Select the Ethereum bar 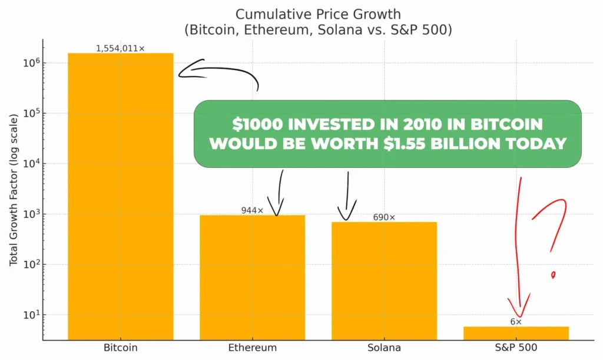(x=252, y=277)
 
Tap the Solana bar (x=384, y=280)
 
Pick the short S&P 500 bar (x=516, y=333)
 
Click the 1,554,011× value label (x=120, y=48)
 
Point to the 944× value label (x=252, y=210)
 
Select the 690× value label (x=384, y=217)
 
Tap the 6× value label (x=516, y=322)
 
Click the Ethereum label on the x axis (x=252, y=348)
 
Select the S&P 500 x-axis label (x=516, y=348)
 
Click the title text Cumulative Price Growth (x=301, y=14)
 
